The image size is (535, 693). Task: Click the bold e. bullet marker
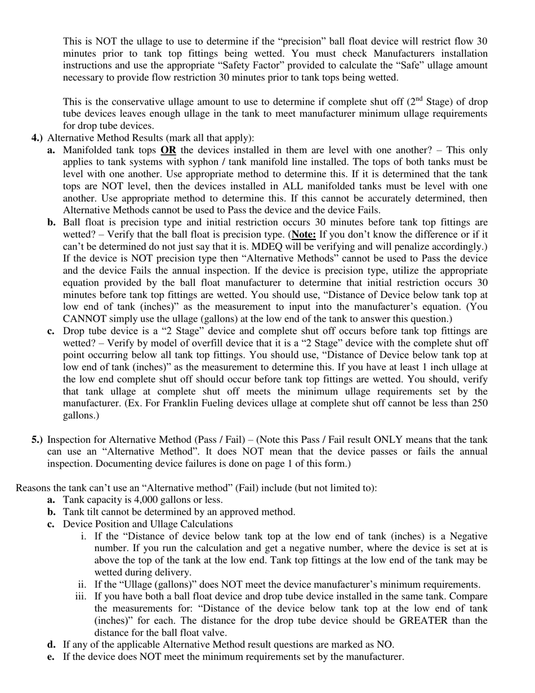(x=51, y=657)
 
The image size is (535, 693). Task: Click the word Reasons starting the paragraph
(x=33, y=488)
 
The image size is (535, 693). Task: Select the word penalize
(x=404, y=247)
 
